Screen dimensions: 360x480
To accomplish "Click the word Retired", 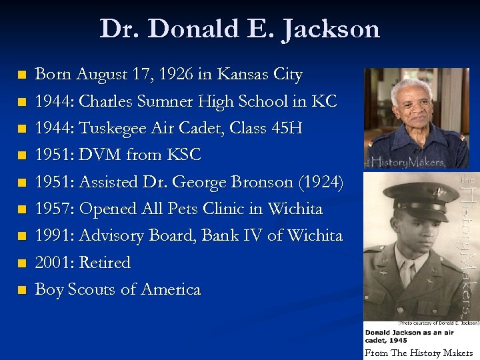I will (105, 262).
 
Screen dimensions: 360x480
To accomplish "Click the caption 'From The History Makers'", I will (419, 353).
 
